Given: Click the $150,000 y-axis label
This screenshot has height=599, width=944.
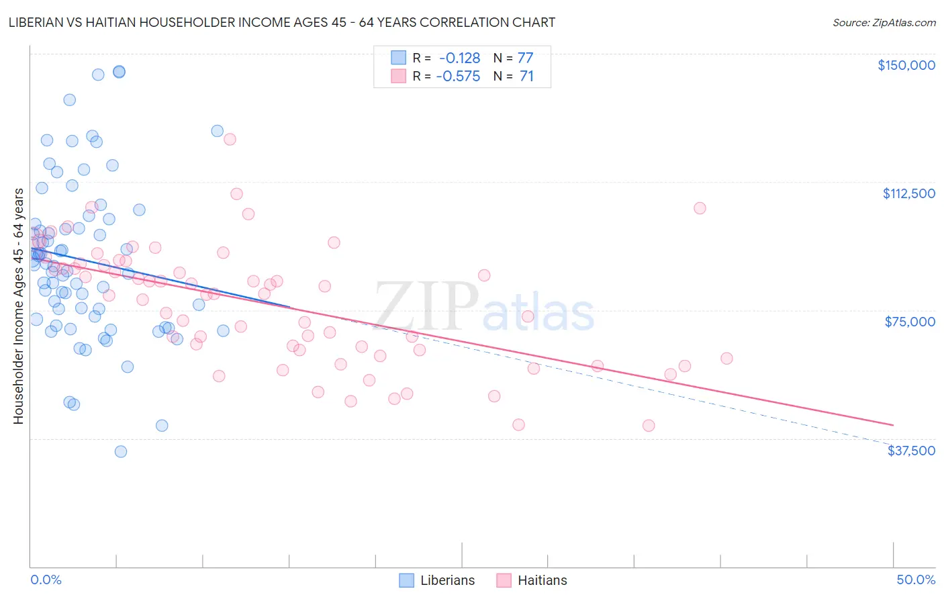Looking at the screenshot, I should pos(906,65).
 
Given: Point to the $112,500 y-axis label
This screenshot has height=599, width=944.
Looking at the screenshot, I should pos(908,193).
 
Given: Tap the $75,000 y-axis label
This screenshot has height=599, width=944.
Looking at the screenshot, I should pos(910,322).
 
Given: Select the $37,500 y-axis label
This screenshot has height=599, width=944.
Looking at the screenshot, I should pos(911,451).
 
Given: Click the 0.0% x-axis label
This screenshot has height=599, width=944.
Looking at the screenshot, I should pos(46,580).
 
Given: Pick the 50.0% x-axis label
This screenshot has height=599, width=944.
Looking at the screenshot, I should pos(916,580).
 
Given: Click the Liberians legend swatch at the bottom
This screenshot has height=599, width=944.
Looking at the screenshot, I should pos(406,580).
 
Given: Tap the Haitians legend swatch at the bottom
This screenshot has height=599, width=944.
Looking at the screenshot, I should pos(504,580).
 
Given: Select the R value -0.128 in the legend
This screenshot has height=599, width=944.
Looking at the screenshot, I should pos(459,58).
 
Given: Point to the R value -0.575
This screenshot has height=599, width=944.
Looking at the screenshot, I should pos(458,77).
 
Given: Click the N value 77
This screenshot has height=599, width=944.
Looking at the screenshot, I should pos(525,58).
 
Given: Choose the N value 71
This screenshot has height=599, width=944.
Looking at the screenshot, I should pos(526,77).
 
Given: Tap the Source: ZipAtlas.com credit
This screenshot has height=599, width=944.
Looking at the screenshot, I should pos(884,22).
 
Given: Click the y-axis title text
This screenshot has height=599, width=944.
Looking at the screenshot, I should pos(18,306).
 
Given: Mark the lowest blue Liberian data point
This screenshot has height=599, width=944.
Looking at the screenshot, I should pos(121,451).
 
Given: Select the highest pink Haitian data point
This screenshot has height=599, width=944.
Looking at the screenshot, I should pos(230,139).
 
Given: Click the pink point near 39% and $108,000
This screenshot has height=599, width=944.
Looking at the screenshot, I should pos(700,208).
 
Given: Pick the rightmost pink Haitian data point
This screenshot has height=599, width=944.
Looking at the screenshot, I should pos(726,358).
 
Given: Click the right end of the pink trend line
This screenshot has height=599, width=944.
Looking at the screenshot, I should pos(893,425).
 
